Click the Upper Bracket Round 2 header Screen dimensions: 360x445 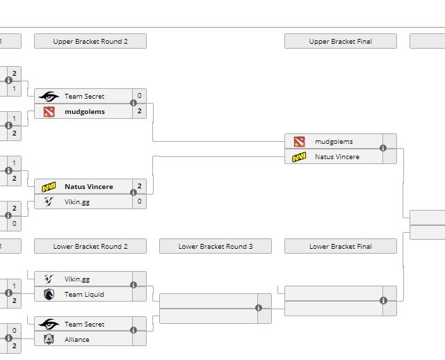coord(90,42)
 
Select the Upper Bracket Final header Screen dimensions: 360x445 coord(340,42)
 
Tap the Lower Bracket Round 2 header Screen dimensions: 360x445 coord(90,247)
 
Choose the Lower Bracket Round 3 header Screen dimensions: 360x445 coord(216,247)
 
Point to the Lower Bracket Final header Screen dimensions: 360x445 coord(340,247)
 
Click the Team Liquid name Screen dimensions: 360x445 coord(84,295)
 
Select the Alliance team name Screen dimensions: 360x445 coord(77,340)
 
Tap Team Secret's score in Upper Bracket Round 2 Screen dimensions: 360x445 coord(140,96)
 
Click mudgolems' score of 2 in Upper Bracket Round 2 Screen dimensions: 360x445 coord(140,111)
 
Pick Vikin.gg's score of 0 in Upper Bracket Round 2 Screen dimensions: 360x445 coord(140,202)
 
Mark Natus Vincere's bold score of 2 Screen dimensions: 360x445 coord(140,186)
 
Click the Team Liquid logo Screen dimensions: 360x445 coord(49,295)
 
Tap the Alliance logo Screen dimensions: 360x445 coord(49,340)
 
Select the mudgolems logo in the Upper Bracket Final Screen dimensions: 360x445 coord(299,142)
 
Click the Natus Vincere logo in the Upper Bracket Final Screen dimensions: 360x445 coord(299,157)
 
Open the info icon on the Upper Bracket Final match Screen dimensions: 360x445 coord(383,148)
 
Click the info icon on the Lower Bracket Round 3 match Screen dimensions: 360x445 coord(258,308)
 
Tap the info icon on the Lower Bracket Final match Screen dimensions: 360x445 coord(383,300)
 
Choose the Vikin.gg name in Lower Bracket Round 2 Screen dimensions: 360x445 coord(77,279)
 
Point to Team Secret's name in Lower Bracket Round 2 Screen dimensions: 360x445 coord(84,325)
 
